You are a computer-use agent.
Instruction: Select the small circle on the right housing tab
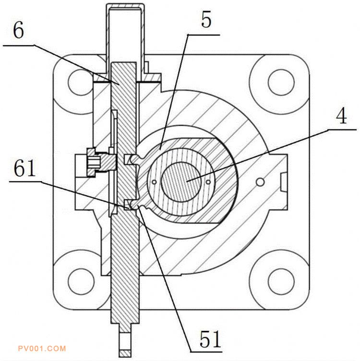click(260, 182)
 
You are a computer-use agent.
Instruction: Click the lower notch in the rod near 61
click(128, 205)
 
